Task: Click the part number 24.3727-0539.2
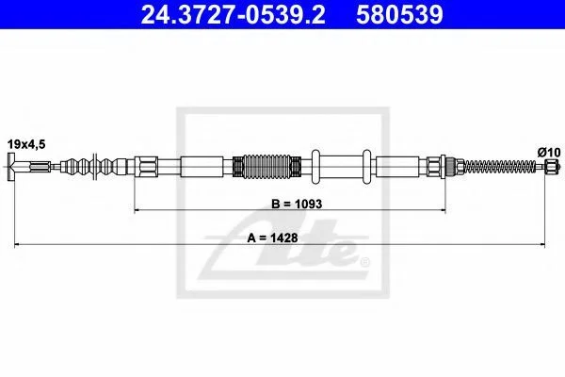[x=233, y=15]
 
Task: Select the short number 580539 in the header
[x=399, y=15]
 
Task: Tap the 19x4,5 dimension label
[x=26, y=144]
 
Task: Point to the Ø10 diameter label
[x=549, y=153]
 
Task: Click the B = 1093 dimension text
[x=297, y=204]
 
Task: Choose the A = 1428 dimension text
[x=272, y=238]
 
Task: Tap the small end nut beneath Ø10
[x=551, y=167]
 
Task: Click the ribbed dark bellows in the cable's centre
[x=267, y=167]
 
